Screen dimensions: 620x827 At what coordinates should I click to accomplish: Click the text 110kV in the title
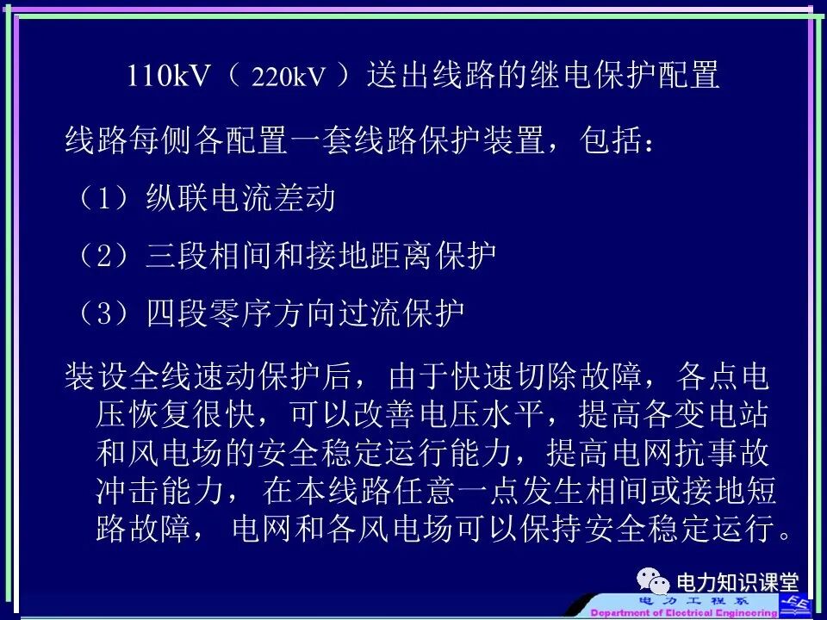[169, 77]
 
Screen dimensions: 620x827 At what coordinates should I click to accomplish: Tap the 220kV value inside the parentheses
[289, 78]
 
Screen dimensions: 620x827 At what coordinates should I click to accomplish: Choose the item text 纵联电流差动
[240, 199]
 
